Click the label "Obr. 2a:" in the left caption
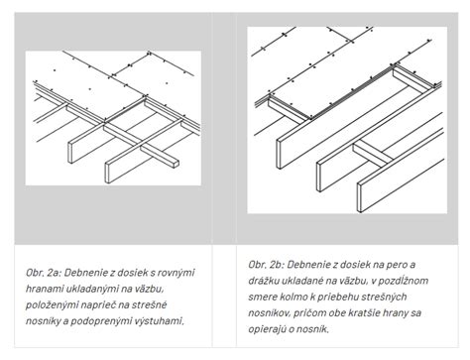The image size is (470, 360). click(44, 273)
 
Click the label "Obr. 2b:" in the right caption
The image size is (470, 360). click(267, 265)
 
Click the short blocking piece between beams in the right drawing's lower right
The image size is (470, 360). click(373, 153)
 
